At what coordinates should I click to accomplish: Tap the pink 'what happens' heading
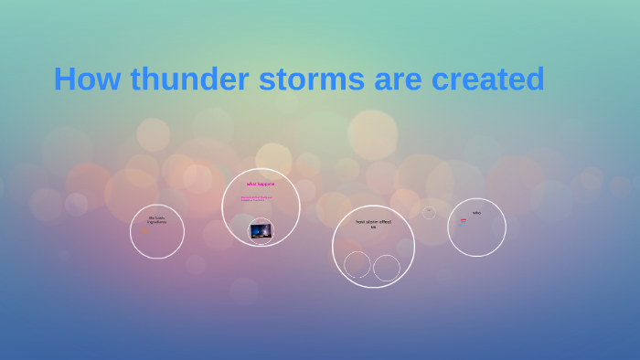[261, 185]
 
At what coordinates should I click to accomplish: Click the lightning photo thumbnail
[260, 231]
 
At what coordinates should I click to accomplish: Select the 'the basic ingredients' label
[157, 220]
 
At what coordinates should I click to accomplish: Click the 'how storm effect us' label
[373, 224]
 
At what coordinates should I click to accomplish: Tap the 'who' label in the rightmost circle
[476, 213]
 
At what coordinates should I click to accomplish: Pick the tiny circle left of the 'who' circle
[429, 212]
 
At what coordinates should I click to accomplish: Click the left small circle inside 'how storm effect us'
[357, 265]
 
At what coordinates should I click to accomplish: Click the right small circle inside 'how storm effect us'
[387, 268]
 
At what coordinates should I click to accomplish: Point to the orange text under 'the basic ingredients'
[144, 230]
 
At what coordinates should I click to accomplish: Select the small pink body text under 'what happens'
[256, 198]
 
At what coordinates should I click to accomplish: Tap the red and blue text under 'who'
[464, 221]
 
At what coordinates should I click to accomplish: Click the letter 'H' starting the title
[64, 79]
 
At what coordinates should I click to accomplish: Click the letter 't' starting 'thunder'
[134, 79]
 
